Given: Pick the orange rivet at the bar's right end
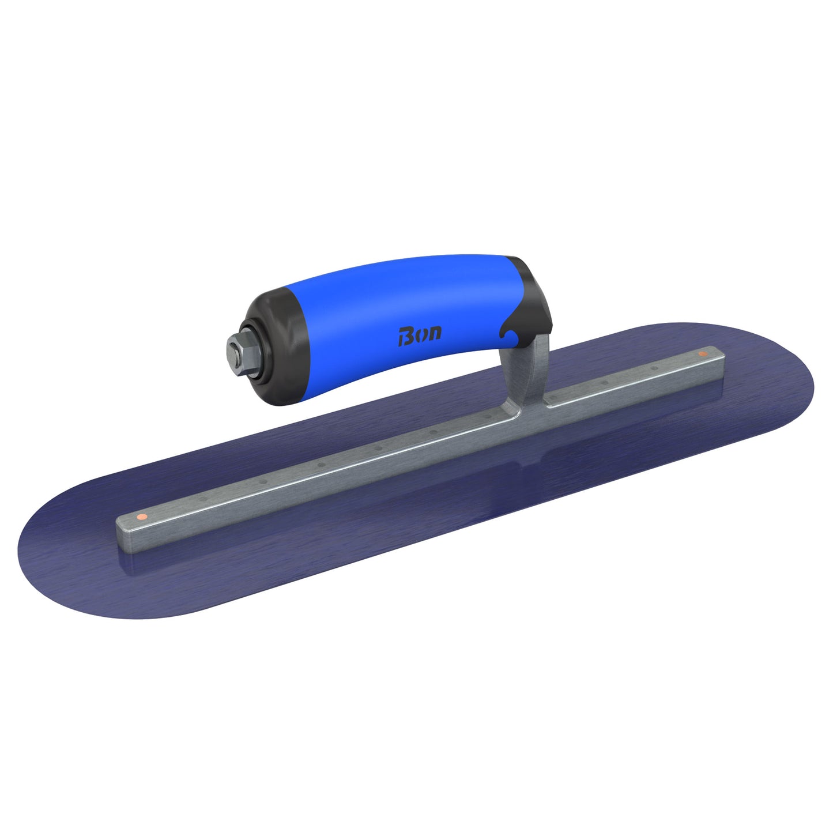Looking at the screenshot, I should pos(702,353).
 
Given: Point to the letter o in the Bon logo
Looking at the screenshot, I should pos(421,335).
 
